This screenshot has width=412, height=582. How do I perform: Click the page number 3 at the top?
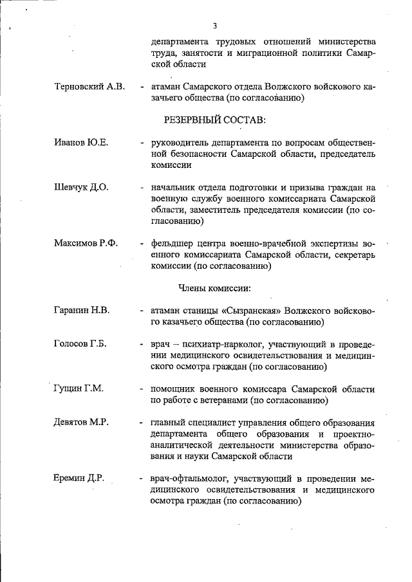(x=214, y=26)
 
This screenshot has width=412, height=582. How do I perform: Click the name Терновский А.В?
(x=89, y=86)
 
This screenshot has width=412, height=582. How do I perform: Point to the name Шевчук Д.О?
(x=81, y=187)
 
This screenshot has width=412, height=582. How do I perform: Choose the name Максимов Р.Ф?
(x=86, y=243)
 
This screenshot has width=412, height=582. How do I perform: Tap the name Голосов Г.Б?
(x=81, y=343)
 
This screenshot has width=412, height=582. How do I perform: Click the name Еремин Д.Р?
(x=79, y=478)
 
